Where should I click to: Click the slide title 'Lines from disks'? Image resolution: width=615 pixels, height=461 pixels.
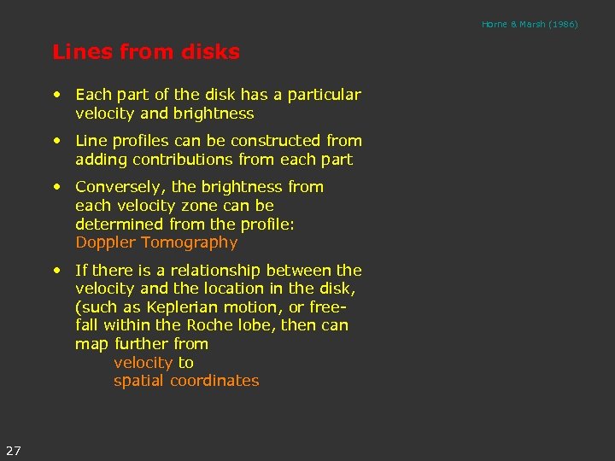click(x=146, y=52)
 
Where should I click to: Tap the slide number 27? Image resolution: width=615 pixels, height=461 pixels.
click(x=14, y=450)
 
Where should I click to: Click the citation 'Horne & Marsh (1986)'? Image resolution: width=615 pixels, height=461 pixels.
click(x=530, y=24)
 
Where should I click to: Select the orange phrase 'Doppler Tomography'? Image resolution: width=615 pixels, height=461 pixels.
click(x=156, y=242)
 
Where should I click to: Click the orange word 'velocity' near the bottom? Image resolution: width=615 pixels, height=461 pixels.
click(x=143, y=363)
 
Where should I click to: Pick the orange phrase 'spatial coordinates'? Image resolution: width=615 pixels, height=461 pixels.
click(x=186, y=382)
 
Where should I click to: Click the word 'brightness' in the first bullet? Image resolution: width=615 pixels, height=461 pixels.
click(x=214, y=114)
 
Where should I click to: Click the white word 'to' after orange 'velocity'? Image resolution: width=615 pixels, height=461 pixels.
click(x=185, y=363)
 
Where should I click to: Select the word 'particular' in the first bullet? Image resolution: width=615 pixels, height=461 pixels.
click(x=325, y=95)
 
